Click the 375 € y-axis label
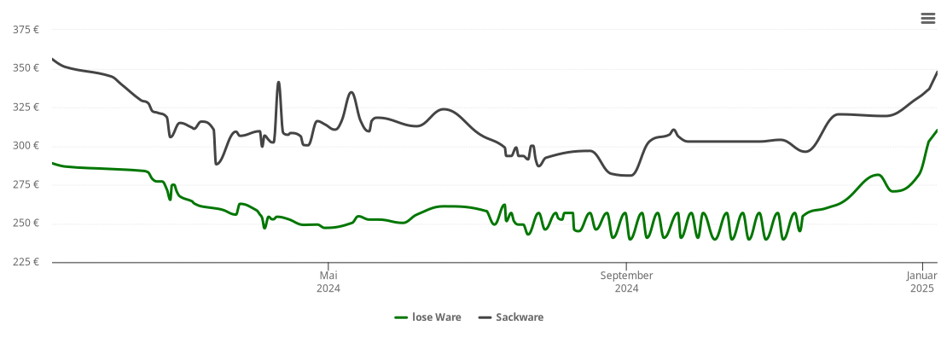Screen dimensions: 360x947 (x=26, y=30)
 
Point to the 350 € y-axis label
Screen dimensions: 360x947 (x=26, y=68)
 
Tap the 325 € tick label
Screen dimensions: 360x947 (x=26, y=107)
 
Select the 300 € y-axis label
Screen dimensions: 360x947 (x=26, y=146)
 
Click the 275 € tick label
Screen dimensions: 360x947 (x=26, y=184)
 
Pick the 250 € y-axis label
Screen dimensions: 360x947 (x=26, y=224)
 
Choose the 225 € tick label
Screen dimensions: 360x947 (x=26, y=262)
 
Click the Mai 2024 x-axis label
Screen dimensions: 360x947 (x=328, y=282)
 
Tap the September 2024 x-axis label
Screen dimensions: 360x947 (x=626, y=282)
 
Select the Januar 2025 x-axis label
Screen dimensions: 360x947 (x=921, y=282)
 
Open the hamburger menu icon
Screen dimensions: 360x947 (x=928, y=19)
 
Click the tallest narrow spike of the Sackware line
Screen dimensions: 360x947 (x=279, y=83)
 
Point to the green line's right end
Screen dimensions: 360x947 (x=937, y=131)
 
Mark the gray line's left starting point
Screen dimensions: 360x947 (x=53, y=59)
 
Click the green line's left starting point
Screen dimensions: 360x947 (x=53, y=163)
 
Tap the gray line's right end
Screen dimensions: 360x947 (x=937, y=73)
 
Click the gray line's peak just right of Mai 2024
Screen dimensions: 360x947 (x=351, y=92)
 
